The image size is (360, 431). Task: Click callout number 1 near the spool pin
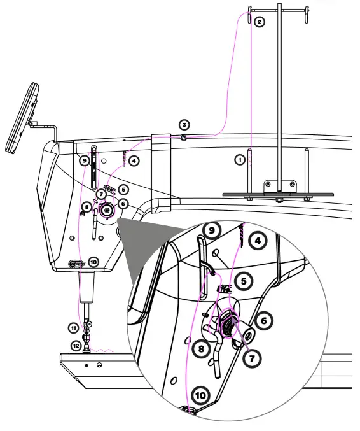click(240, 159)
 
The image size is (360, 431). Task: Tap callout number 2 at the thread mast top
click(259, 22)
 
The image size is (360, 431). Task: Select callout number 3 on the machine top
click(184, 124)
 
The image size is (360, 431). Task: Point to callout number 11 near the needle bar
click(74, 327)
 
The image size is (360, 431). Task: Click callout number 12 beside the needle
click(76, 346)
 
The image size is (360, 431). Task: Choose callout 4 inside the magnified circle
click(257, 241)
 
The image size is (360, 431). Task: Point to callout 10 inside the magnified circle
click(200, 395)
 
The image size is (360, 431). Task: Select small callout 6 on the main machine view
click(123, 203)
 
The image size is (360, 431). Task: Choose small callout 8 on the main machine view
click(86, 207)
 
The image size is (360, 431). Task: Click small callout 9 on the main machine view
click(84, 160)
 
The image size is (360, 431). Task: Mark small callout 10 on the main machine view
click(93, 261)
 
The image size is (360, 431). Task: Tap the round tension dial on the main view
click(107, 208)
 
